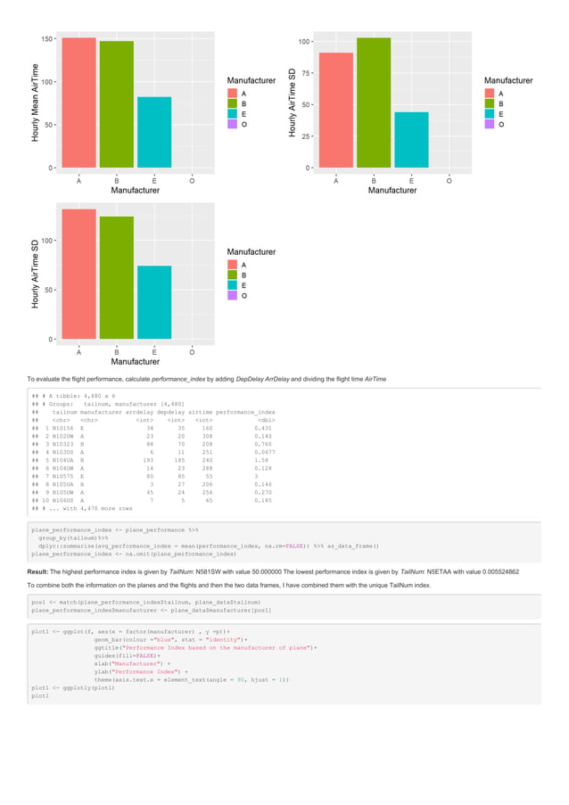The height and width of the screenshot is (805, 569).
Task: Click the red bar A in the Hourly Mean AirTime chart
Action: pyautogui.click(x=79, y=103)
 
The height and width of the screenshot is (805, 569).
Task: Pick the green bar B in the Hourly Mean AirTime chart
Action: pyautogui.click(x=117, y=104)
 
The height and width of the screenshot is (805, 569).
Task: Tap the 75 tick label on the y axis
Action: pyautogui.click(x=305, y=73)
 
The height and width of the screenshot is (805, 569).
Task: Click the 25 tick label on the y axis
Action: pyautogui.click(x=305, y=136)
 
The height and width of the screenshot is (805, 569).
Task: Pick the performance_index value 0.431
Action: pyautogui.click(x=263, y=428)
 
